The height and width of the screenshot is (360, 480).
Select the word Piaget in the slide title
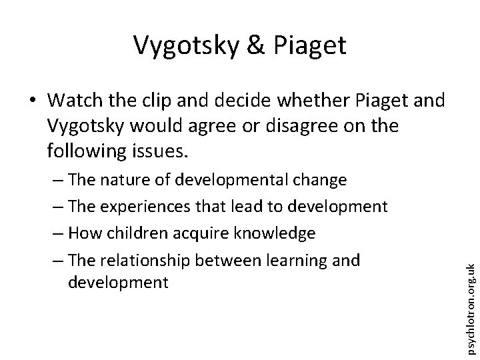point(309,45)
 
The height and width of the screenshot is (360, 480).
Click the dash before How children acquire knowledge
point(58,233)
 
